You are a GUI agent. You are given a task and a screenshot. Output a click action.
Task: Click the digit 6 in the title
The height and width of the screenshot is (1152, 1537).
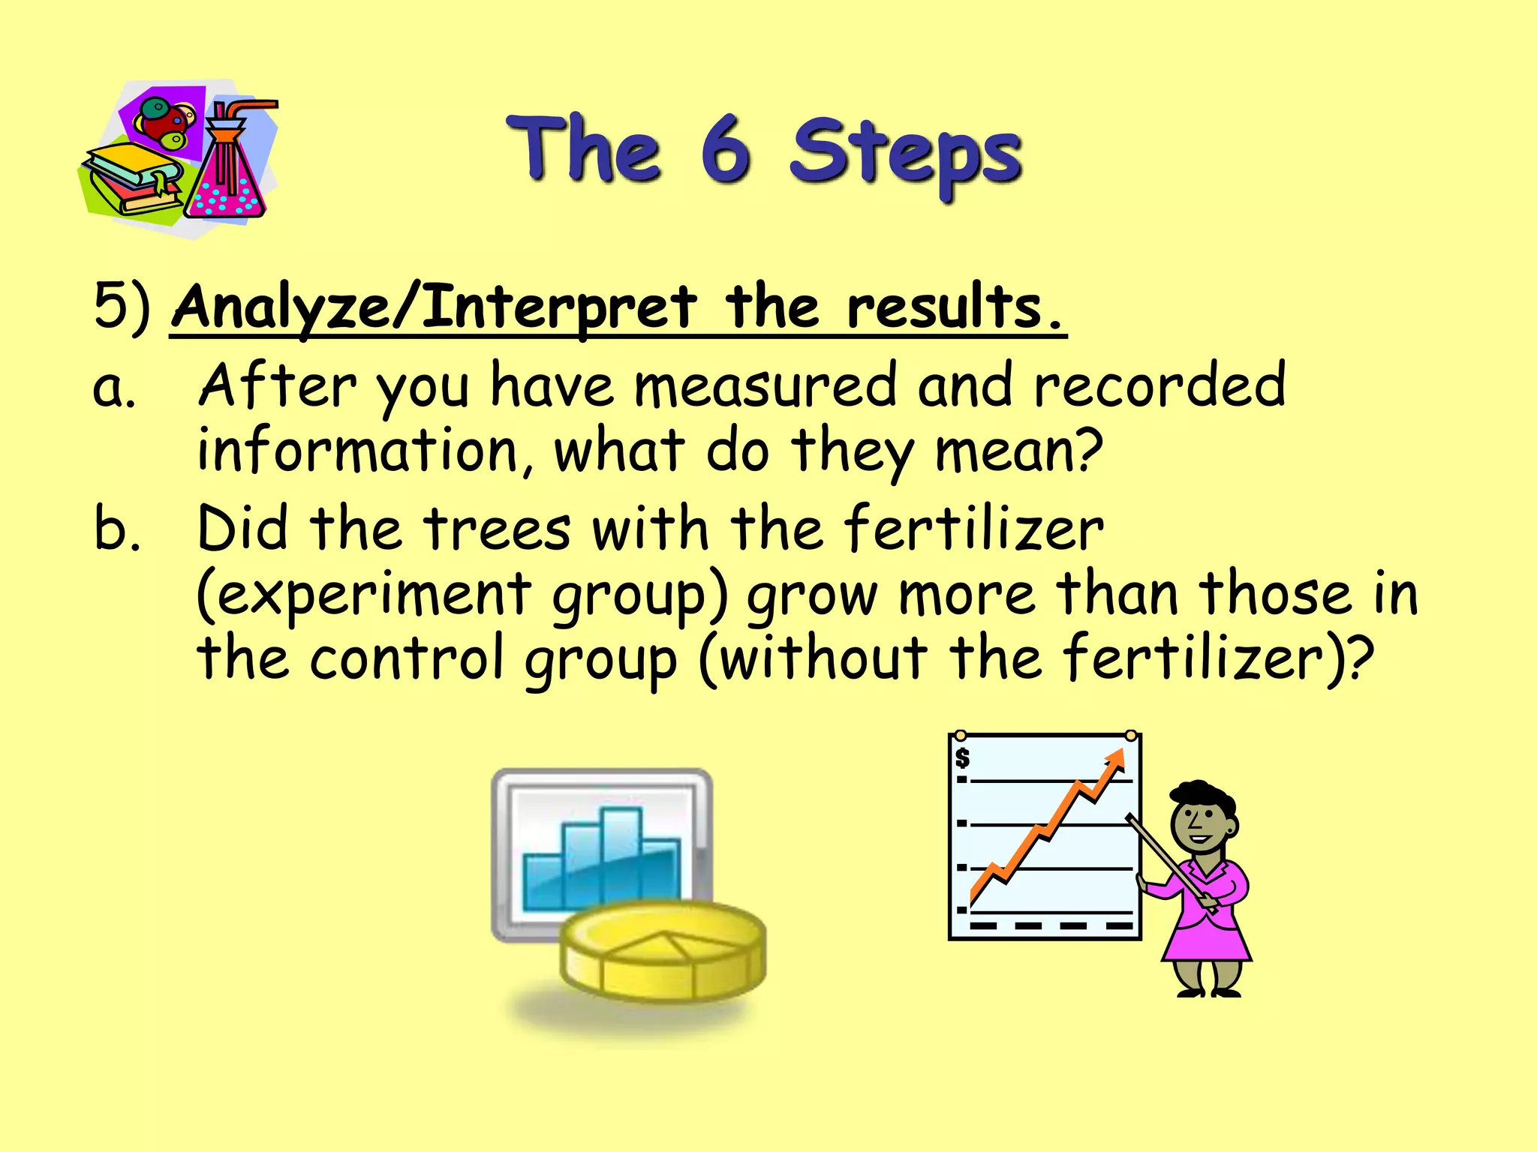[726, 150]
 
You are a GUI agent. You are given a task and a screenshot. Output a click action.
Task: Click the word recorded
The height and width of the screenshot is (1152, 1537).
[1160, 385]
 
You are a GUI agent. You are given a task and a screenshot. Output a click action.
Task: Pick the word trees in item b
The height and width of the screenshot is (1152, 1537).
[498, 529]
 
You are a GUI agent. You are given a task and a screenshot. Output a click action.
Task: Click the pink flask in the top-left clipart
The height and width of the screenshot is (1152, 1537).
[224, 184]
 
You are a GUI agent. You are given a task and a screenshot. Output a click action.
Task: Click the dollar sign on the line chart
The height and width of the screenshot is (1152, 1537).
[963, 758]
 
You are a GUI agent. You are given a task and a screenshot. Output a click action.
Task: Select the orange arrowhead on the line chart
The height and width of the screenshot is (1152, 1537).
[1116, 760]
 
